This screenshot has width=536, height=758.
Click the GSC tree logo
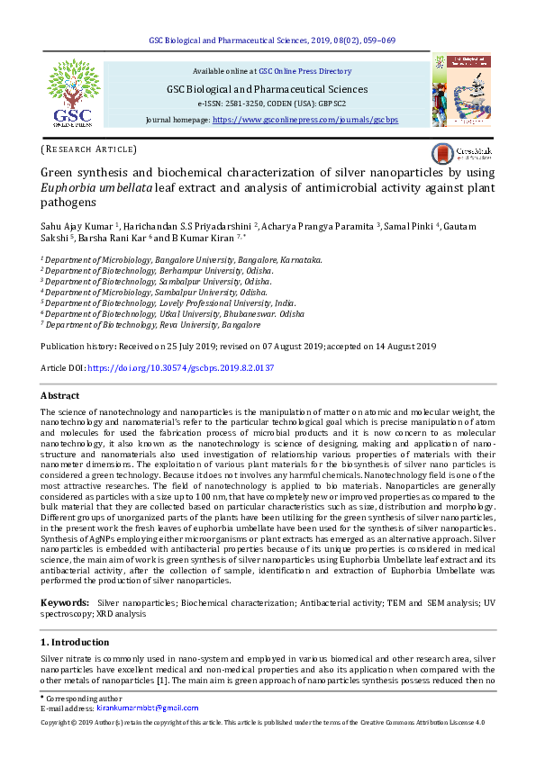point(75,93)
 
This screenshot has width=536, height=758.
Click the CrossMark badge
point(460,152)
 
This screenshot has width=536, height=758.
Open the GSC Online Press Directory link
point(304,70)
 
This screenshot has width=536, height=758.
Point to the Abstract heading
point(60,396)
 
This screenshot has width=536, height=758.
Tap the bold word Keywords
point(65,600)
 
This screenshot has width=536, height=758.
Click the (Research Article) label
point(88,149)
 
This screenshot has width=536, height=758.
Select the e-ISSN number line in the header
point(265,104)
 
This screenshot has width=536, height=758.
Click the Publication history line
point(239,347)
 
